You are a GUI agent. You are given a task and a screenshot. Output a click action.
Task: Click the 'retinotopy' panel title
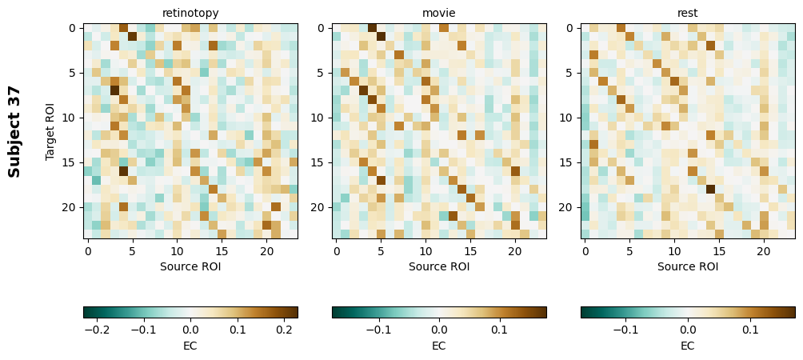190,13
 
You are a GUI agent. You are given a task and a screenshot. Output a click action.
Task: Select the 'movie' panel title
439,13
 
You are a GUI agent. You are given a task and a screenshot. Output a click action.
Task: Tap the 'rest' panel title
688,13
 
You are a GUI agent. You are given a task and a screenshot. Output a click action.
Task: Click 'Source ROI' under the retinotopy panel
190,266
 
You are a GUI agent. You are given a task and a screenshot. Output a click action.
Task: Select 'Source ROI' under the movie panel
439,266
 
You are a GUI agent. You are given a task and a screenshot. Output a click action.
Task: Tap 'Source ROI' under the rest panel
688,266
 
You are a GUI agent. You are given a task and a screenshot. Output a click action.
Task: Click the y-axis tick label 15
70,162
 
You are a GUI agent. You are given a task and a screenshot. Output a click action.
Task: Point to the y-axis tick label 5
73,73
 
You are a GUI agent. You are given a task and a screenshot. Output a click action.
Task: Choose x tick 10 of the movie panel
425,251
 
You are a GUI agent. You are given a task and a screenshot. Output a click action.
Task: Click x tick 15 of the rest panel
719,251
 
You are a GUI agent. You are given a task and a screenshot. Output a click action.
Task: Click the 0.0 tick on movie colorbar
439,329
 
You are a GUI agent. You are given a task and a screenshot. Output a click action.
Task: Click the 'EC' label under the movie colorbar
439,346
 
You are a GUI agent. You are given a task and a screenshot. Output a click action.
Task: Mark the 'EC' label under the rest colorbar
688,346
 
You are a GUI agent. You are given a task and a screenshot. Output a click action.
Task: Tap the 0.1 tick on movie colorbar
499,329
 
